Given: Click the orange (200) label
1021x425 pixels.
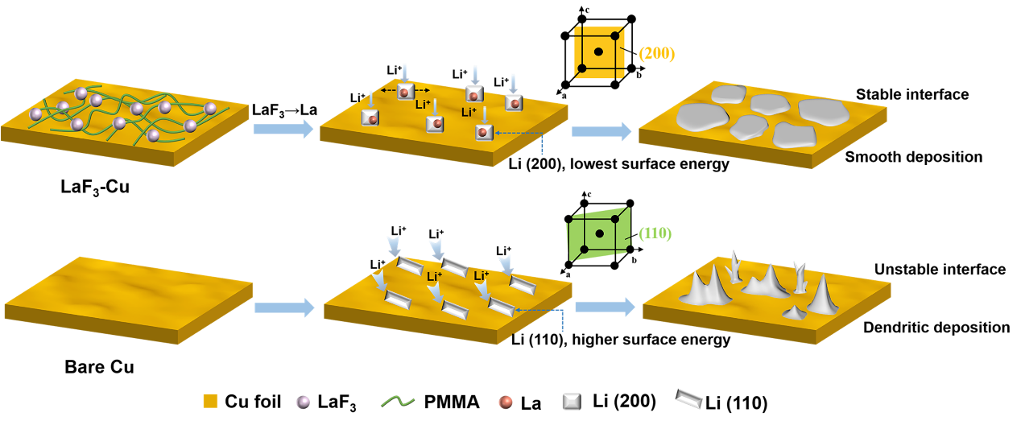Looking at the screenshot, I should point(656,54).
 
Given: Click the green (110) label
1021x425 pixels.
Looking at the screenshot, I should point(655,233).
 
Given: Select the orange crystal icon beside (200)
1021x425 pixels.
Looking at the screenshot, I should point(599,52).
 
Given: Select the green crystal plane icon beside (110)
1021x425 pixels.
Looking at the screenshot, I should point(598,234).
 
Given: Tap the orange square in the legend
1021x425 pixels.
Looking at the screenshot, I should point(210,401).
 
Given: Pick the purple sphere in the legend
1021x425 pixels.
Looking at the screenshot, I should point(303,402).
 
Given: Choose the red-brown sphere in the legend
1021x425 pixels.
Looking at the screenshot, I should point(506,402).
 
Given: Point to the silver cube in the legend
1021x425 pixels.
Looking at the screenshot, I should point(571,401).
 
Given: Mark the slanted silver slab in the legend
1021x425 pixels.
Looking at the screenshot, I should point(689,398).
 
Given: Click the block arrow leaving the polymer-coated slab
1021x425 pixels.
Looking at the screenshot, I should point(283,129).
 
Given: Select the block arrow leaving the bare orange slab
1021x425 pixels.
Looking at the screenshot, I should point(284,307).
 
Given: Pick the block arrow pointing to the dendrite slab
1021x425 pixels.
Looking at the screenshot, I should point(605,307).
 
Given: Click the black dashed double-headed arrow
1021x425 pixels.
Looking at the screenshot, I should point(405,90).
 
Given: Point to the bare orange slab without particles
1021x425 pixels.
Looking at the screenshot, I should point(129,298).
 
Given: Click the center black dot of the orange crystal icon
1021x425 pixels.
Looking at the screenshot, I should point(598,52).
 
